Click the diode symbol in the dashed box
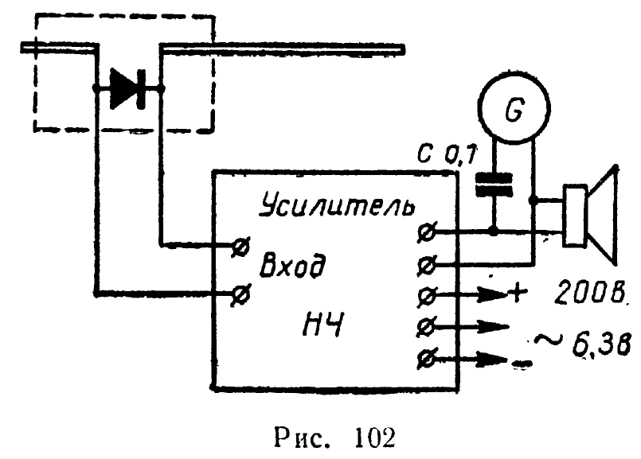tap(127, 88)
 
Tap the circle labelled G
tap(514, 113)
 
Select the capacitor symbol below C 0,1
tap(494, 184)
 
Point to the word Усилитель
tap(338, 206)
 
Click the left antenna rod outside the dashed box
tap(56, 49)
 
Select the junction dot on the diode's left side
tap(96, 89)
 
